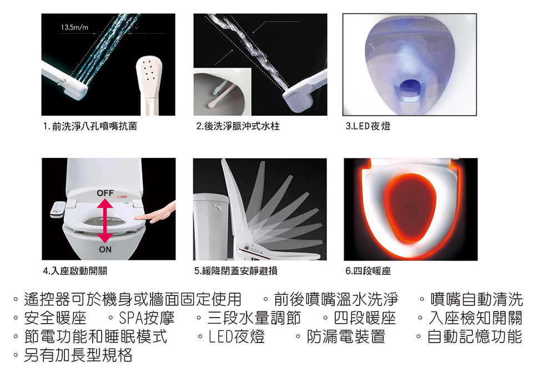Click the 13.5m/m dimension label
(x=74, y=27)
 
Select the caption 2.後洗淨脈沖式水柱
(x=238, y=126)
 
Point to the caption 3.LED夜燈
(x=368, y=126)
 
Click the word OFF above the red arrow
(x=105, y=193)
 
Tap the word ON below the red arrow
(x=105, y=249)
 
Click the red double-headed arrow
(x=105, y=221)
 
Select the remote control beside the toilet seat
(x=58, y=209)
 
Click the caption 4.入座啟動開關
(x=75, y=271)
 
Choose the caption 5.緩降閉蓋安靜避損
(x=236, y=271)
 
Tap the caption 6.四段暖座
(x=368, y=271)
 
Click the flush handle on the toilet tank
(x=218, y=207)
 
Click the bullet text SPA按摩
(x=147, y=318)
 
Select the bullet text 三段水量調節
(x=254, y=318)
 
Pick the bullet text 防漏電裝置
(x=346, y=336)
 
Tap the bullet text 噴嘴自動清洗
(x=476, y=299)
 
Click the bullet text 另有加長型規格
(x=78, y=355)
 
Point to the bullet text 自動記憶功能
(x=475, y=336)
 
